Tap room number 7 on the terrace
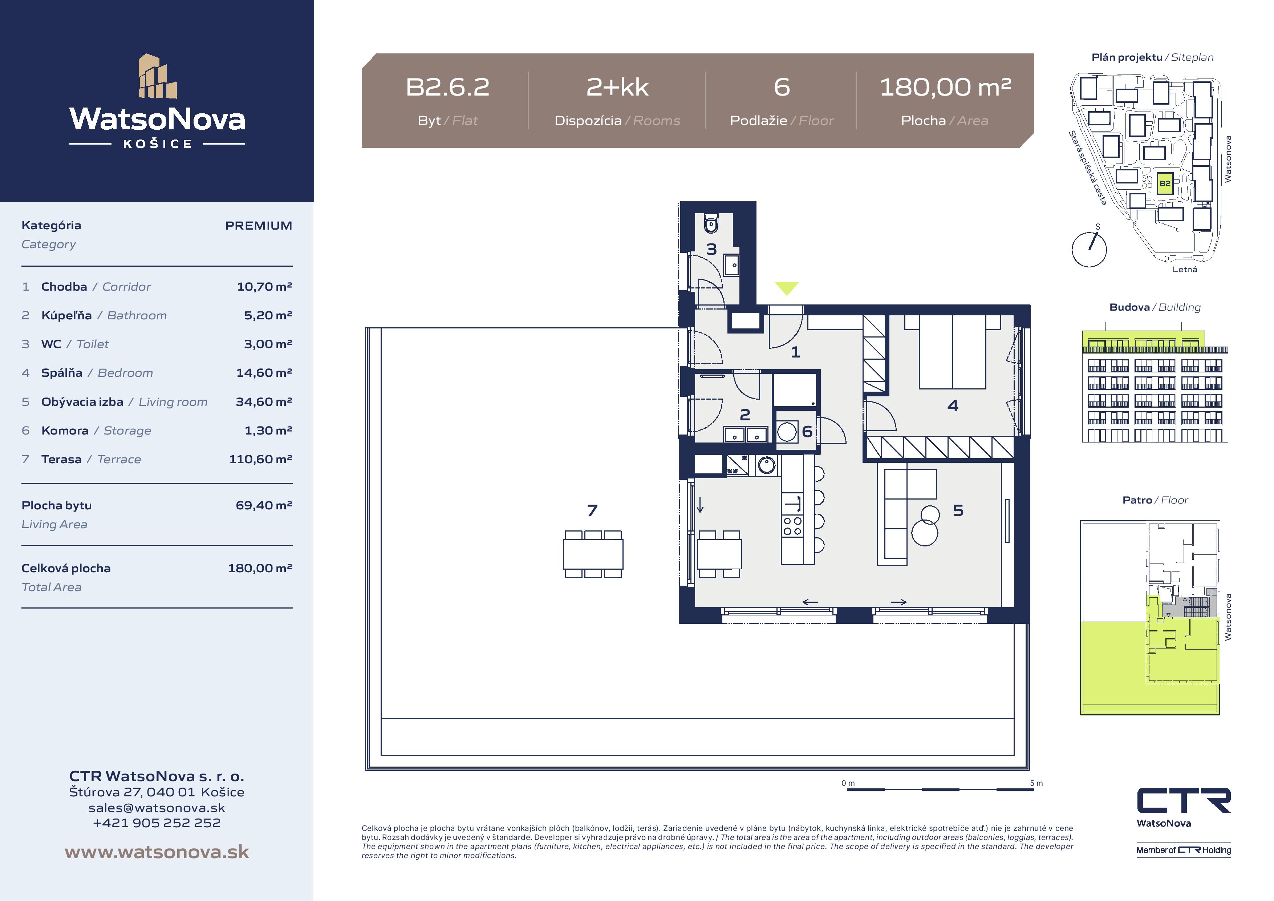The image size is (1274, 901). coord(592,510)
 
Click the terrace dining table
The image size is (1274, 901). coord(593,554)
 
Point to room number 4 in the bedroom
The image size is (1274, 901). coord(953,406)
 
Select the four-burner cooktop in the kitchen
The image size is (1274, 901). coord(792,526)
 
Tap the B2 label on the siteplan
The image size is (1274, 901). coord(1165,183)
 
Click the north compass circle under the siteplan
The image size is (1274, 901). coord(1089,250)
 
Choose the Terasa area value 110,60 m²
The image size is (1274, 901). coord(260,459)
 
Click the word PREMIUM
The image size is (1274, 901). coord(259,225)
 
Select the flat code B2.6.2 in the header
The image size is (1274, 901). coord(448,87)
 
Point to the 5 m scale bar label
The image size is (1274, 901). coord(1036,783)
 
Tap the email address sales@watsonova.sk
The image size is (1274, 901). coord(157,808)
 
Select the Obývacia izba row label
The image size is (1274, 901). coord(124,402)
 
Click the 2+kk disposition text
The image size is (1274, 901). coord(617,87)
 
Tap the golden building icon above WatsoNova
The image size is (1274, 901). coord(158,76)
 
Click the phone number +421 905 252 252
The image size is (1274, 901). coord(157,823)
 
